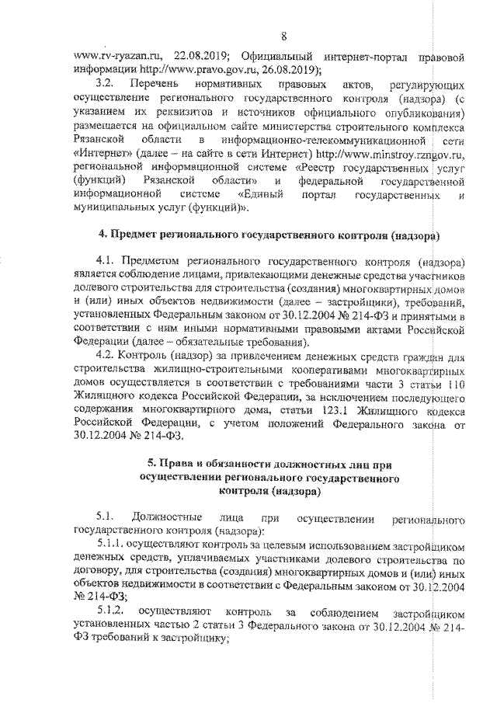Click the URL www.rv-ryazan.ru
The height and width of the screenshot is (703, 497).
(114, 57)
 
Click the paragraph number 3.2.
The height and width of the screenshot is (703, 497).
(104, 83)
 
